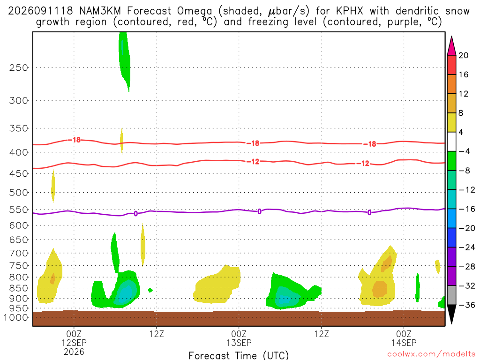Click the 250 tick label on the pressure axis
[x=19, y=67]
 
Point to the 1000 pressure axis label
[x=16, y=317]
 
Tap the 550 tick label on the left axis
[x=19, y=210]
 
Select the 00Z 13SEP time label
[x=239, y=338]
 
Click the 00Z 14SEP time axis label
[x=404, y=338]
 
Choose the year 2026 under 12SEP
[x=74, y=352]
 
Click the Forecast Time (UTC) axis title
[x=239, y=355]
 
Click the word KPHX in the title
[x=349, y=11]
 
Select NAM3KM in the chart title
[x=100, y=11]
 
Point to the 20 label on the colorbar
[x=463, y=55]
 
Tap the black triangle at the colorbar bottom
[x=451, y=314]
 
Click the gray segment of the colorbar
[x=451, y=295]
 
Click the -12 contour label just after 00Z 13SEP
[x=253, y=162]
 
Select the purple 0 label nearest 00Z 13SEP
[x=259, y=211]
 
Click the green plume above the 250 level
[x=124, y=60]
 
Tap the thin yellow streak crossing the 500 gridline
[x=53, y=186]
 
